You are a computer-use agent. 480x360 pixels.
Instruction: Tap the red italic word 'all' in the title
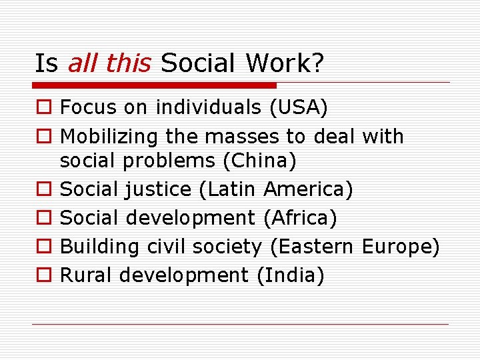tap(82, 63)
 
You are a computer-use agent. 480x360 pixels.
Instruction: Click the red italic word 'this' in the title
tap(129, 63)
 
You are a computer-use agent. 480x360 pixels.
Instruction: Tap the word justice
tap(161, 190)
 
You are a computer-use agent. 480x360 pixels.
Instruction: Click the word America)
tap(308, 190)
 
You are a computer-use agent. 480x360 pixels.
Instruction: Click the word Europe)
tap(401, 247)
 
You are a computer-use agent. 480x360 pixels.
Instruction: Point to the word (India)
tap(290, 275)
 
